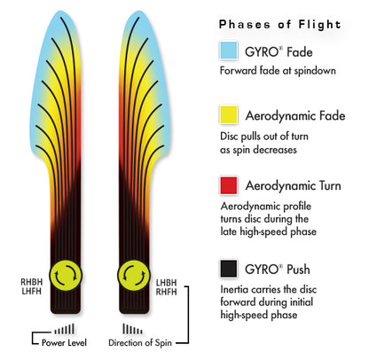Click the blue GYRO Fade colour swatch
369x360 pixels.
[229, 51]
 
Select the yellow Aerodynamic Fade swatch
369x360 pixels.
[229, 114]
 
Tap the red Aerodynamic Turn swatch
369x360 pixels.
[229, 185]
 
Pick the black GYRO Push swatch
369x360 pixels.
[229, 269]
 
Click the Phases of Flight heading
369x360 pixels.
[279, 24]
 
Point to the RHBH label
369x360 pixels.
[32, 282]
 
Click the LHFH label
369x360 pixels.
[32, 292]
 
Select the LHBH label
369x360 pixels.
[166, 283]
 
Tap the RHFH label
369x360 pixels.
[166, 292]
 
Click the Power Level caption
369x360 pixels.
[64, 343]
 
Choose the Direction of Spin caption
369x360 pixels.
[140, 343]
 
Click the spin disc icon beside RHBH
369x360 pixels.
[66, 276]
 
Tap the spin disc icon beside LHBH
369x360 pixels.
[134, 276]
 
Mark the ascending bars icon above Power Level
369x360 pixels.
[64, 329]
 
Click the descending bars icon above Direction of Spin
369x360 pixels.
[132, 329]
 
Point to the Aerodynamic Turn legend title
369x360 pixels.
[293, 186]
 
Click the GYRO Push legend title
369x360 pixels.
[278, 270]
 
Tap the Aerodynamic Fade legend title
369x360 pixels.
[295, 115]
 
